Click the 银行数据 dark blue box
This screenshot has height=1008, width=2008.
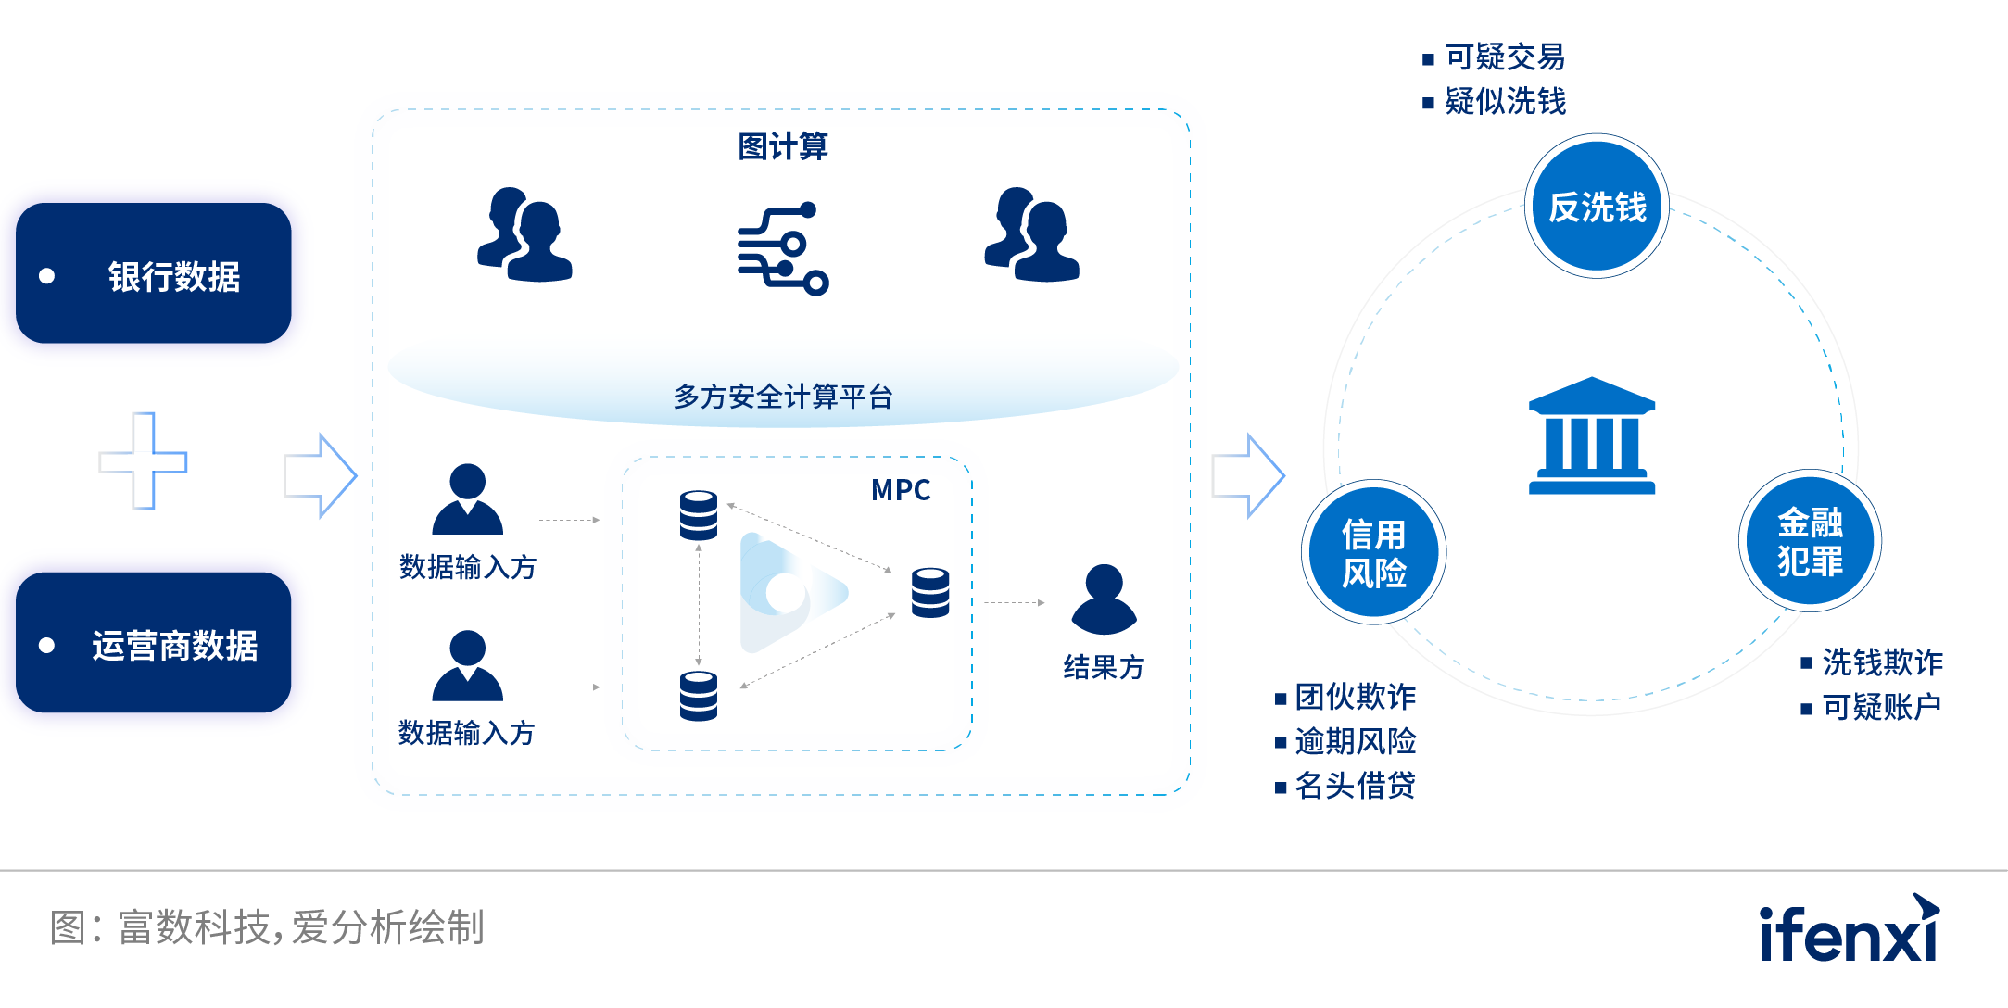[x=154, y=273]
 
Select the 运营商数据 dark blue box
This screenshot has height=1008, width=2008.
[x=154, y=643]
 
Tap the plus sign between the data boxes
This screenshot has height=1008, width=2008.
[x=143, y=460]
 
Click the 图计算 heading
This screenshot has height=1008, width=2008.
[x=782, y=146]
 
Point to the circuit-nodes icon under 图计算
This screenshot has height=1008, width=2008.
[x=782, y=247]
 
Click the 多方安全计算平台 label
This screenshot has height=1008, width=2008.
[x=782, y=397]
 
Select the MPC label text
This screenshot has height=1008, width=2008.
[x=900, y=490]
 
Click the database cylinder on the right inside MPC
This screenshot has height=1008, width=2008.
[x=929, y=593]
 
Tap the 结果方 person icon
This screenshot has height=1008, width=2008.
[x=1103, y=599]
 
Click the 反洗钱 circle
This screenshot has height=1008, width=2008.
[x=1597, y=207]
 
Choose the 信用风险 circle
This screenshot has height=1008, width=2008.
[x=1373, y=553]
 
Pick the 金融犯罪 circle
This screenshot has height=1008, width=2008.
[x=1809, y=541]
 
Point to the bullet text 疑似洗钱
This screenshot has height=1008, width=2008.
[x=1505, y=101]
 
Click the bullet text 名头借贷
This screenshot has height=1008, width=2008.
[x=1355, y=786]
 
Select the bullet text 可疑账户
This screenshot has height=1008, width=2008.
[x=1881, y=707]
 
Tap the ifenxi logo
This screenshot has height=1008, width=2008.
[x=1849, y=929]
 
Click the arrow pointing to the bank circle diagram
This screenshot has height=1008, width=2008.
[x=1247, y=475]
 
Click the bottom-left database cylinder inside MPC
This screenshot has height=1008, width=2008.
[x=698, y=696]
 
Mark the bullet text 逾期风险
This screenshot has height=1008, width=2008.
[x=1355, y=741]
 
